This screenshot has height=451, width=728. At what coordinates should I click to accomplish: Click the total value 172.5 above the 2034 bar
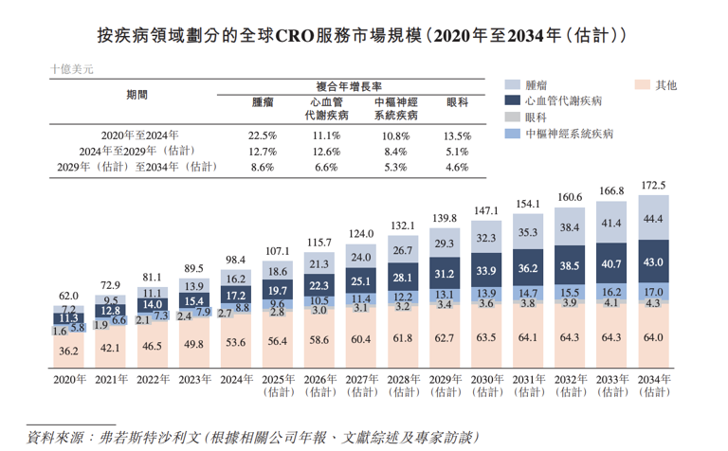coord(654,185)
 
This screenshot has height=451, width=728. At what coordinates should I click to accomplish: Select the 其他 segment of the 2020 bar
coord(67,352)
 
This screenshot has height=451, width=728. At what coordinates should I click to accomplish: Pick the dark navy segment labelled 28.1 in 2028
coord(403,278)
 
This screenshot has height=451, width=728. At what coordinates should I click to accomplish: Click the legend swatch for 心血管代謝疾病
coord(511,100)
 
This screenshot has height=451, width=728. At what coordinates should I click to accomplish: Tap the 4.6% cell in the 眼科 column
coord(457,167)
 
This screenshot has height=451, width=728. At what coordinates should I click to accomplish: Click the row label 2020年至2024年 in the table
coord(140,135)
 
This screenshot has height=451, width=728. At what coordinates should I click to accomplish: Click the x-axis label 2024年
coord(235,379)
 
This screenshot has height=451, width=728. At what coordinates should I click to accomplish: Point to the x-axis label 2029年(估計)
coord(445,385)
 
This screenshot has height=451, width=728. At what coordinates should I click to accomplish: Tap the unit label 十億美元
coord(71,70)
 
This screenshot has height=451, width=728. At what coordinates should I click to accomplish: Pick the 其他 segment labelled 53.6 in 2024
coord(235,342)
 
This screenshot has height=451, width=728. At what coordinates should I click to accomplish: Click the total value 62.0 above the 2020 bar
coord(67,296)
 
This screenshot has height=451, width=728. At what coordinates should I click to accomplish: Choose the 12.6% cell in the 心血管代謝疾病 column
coord(326,152)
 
